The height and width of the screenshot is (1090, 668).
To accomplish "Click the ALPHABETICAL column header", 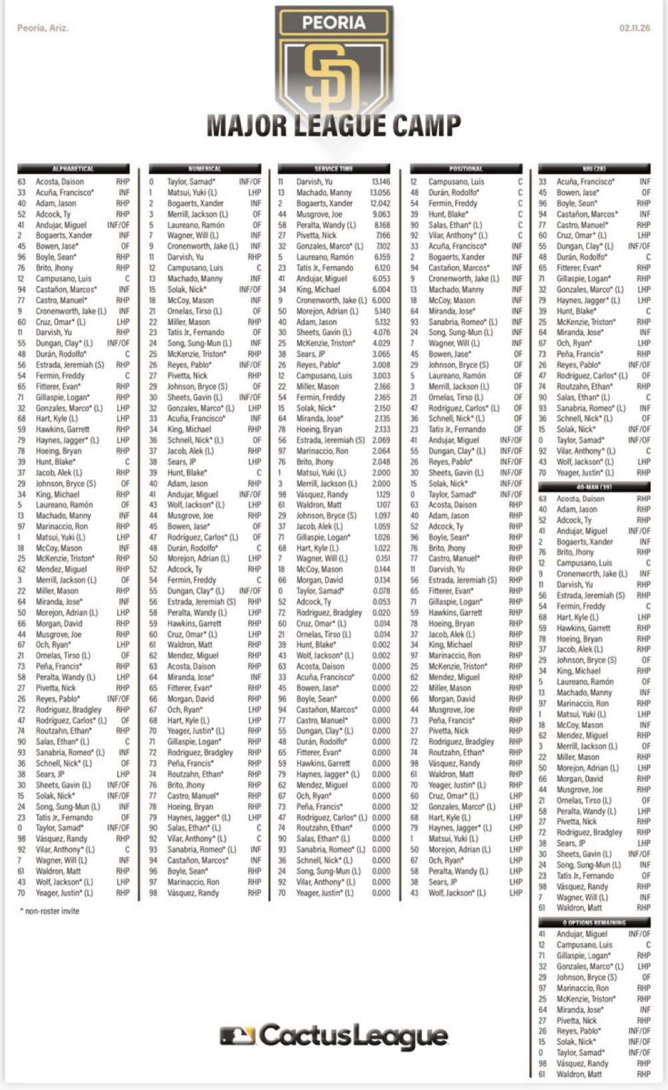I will [73, 169].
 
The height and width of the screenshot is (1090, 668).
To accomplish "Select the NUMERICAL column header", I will [205, 169].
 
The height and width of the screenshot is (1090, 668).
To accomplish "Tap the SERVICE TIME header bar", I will [334, 169].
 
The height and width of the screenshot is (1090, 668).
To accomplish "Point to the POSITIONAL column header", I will [466, 169].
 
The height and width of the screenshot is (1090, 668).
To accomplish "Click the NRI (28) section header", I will [594, 169].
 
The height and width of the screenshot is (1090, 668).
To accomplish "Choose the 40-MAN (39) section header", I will [594, 487].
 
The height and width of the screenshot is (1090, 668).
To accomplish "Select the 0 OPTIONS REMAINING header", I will [594, 923].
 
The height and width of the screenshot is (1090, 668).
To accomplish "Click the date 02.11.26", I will [634, 28].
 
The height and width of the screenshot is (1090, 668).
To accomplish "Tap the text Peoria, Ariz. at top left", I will [43, 28].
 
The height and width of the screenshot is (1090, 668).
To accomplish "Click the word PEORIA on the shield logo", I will [334, 23].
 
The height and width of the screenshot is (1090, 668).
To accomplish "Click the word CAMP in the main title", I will [426, 125].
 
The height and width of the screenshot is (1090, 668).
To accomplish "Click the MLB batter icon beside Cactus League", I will [238, 1035].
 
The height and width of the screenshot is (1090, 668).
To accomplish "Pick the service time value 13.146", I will [381, 182].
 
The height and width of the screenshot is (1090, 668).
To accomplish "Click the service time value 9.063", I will [381, 214].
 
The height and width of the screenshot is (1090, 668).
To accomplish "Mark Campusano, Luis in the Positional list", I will [456, 182].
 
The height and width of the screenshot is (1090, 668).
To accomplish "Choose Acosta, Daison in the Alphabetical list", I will [60, 182].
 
